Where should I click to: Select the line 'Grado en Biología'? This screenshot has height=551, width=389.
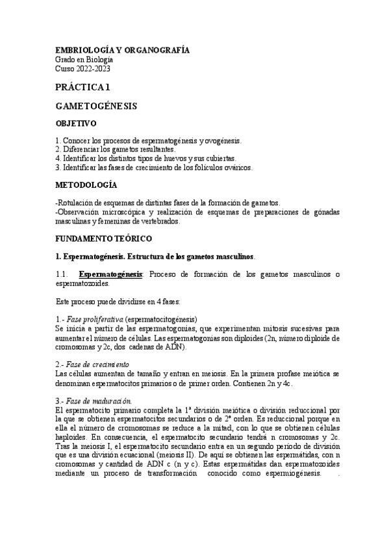tap(84, 60)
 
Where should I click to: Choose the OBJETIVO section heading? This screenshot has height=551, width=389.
tap(76, 123)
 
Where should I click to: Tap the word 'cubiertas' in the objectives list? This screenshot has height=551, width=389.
tap(218, 158)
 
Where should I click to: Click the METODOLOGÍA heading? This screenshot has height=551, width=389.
tap(86, 185)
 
